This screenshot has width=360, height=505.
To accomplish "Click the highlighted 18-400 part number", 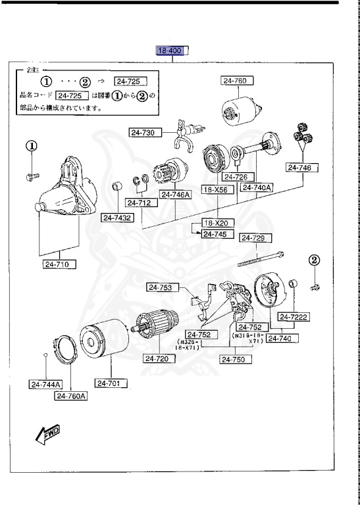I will pyautogui.click(x=171, y=51).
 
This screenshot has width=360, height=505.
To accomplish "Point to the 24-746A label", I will pyautogui.click(x=174, y=195).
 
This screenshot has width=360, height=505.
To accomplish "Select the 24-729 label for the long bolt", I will pyautogui.click(x=255, y=238).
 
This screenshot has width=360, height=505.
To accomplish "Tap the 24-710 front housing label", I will pyautogui.click(x=59, y=265).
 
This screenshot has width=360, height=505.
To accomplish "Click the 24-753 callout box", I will pyautogui.click(x=160, y=287).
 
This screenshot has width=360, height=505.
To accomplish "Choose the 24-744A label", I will pyautogui.click(x=44, y=385).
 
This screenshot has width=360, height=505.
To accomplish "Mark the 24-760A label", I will pyautogui.click(x=71, y=396).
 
